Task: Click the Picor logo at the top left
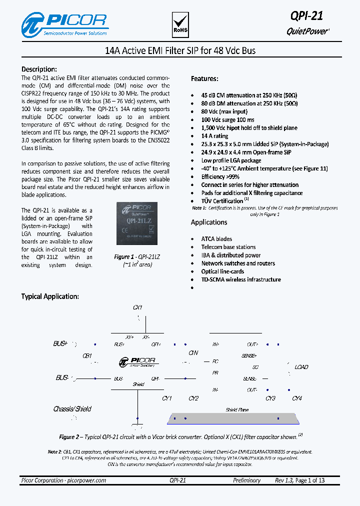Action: [64, 24]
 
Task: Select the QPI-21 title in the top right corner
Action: [306, 16]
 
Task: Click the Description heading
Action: [39, 69]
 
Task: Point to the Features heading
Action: [204, 79]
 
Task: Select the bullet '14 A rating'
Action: [214, 136]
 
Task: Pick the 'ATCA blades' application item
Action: [216, 239]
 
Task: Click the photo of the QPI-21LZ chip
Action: [136, 225]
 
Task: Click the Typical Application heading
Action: [50, 296]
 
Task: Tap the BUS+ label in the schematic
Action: [60, 344]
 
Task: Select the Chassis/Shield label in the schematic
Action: [72, 409]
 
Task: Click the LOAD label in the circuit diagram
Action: [301, 367]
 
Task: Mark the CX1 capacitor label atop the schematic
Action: [137, 307]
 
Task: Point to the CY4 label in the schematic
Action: [297, 398]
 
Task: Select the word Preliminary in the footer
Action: [246, 480]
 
